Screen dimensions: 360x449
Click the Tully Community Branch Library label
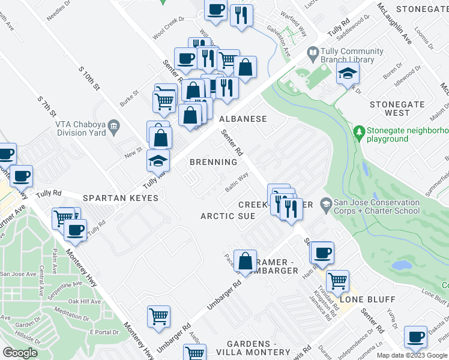point(353,56)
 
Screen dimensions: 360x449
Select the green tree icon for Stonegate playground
point(359,130)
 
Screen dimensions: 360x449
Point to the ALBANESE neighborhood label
point(243,119)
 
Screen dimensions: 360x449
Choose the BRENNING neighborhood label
point(213,162)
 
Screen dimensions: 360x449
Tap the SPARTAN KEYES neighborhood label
point(121,197)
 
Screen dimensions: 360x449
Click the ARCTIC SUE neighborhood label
point(228,216)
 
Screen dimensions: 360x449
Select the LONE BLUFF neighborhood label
point(359,299)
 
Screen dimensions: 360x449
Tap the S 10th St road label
point(88,77)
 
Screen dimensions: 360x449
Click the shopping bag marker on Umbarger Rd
point(245,262)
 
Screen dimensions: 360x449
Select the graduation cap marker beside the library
point(347,74)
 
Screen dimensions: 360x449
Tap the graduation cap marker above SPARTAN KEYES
point(158,161)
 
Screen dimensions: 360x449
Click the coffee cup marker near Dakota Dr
point(415,338)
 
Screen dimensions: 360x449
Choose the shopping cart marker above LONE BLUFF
point(337,280)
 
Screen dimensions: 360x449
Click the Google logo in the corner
point(20,352)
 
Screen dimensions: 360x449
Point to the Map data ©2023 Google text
point(412,355)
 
